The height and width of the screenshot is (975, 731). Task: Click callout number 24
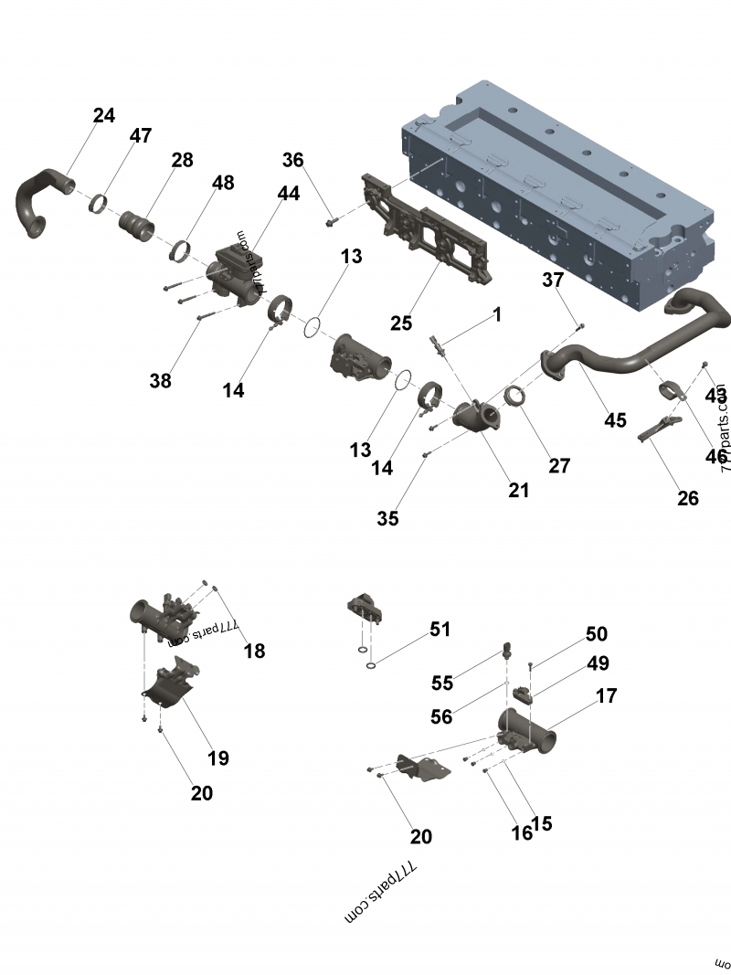tap(104, 115)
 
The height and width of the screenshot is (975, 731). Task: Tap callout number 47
tap(140, 136)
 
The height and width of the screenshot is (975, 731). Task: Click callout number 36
tap(292, 160)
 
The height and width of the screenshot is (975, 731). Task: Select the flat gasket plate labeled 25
tap(429, 233)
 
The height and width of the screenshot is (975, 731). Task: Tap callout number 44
tap(289, 194)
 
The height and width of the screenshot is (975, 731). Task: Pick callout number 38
tap(160, 381)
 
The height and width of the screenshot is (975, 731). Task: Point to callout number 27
tap(559, 466)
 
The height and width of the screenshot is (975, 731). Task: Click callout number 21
tap(518, 490)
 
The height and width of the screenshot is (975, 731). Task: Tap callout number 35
tap(387, 518)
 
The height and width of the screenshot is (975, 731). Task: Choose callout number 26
tap(687, 498)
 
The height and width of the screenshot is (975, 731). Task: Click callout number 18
tap(254, 651)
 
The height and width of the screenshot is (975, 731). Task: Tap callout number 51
tap(440, 630)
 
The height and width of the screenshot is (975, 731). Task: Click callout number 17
tap(606, 696)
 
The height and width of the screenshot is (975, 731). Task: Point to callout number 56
tap(441, 717)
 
